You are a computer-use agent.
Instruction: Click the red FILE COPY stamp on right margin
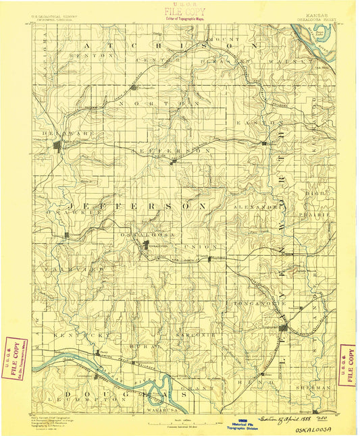click(347, 364)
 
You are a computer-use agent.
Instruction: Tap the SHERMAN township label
click(312, 388)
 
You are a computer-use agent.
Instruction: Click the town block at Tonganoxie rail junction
click(284, 328)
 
